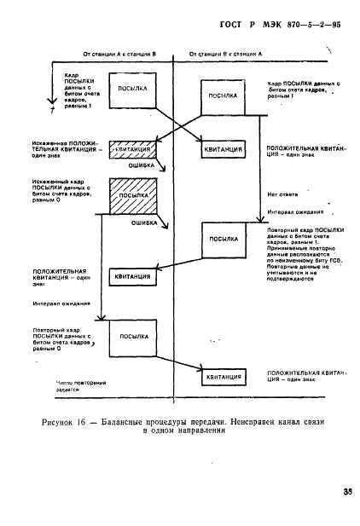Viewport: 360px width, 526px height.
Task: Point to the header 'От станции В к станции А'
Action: (225, 53)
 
